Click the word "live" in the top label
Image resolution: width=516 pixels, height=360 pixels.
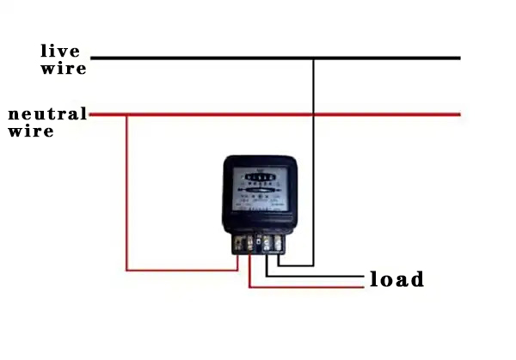[59, 51]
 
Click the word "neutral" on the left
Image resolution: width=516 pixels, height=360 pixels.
[47, 114]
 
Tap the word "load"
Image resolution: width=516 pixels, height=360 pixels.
[396, 279]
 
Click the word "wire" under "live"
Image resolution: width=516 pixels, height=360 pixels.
[63, 68]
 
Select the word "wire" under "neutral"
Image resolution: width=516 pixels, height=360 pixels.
[31, 131]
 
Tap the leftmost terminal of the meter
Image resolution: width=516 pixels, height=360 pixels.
[238, 245]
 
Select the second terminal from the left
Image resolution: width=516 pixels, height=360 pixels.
[251, 245]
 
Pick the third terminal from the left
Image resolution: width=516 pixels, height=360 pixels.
[267, 245]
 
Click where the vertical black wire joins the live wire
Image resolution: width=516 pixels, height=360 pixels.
[313, 58]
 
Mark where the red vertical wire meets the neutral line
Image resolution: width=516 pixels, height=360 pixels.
[126, 114]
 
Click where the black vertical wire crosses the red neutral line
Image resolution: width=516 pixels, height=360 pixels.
[313, 114]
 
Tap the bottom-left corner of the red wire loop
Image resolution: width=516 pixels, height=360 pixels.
[126, 270]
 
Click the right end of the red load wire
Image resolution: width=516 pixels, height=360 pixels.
[362, 287]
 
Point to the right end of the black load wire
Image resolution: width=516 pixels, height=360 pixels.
[362, 276]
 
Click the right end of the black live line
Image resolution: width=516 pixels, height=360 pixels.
[459, 58]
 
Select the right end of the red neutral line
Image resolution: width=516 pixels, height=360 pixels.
[459, 114]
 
